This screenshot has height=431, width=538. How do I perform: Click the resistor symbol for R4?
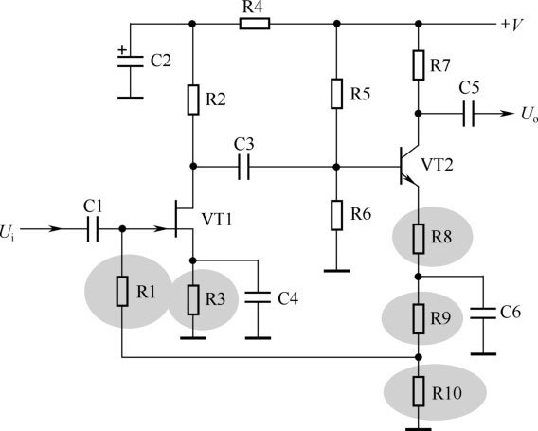(x=254, y=24)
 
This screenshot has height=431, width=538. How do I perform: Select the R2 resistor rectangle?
(x=193, y=99)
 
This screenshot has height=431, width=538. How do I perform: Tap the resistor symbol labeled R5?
(x=337, y=94)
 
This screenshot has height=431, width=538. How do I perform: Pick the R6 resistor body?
(x=337, y=215)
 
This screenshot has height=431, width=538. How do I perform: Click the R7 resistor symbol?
(x=419, y=65)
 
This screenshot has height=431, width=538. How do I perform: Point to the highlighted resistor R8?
(x=419, y=239)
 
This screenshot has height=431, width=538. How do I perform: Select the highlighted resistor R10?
(x=419, y=391)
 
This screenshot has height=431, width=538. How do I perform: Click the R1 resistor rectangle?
(x=122, y=291)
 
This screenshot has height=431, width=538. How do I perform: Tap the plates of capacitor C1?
(x=93, y=229)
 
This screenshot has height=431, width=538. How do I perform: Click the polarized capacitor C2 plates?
(x=131, y=61)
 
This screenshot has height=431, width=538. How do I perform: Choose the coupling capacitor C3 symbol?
(x=244, y=167)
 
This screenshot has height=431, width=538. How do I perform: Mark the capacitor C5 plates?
(x=469, y=114)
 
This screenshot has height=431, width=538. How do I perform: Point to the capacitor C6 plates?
(x=483, y=314)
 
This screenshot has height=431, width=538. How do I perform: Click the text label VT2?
(x=438, y=165)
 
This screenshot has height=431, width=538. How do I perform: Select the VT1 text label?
(x=217, y=220)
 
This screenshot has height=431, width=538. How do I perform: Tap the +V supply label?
(x=511, y=25)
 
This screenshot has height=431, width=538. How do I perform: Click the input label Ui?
(x=8, y=232)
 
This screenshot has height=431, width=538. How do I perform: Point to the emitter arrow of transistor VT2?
(x=409, y=179)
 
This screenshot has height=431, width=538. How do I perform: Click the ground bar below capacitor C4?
(x=258, y=338)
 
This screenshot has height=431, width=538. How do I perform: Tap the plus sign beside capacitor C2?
(x=122, y=50)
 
